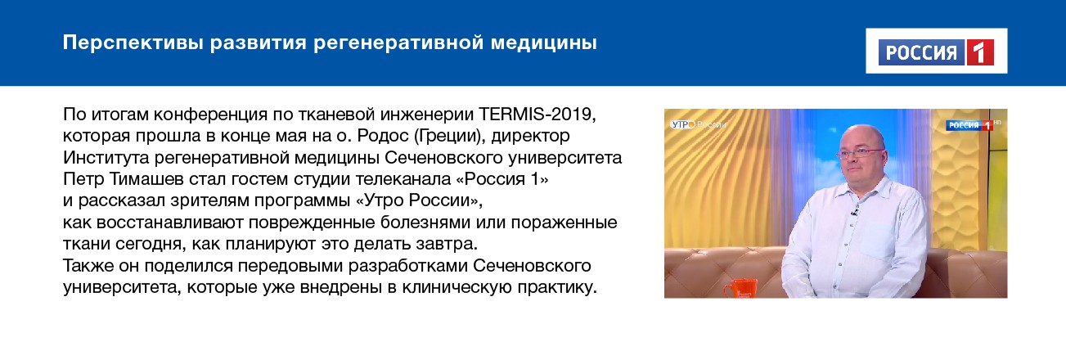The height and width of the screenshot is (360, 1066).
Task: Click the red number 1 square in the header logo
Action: click(979, 53)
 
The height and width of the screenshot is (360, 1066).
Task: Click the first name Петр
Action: click(81, 178)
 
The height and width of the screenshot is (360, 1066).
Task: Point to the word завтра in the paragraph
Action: click(449, 245)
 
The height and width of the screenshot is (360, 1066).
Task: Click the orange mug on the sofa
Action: click(738, 289)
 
